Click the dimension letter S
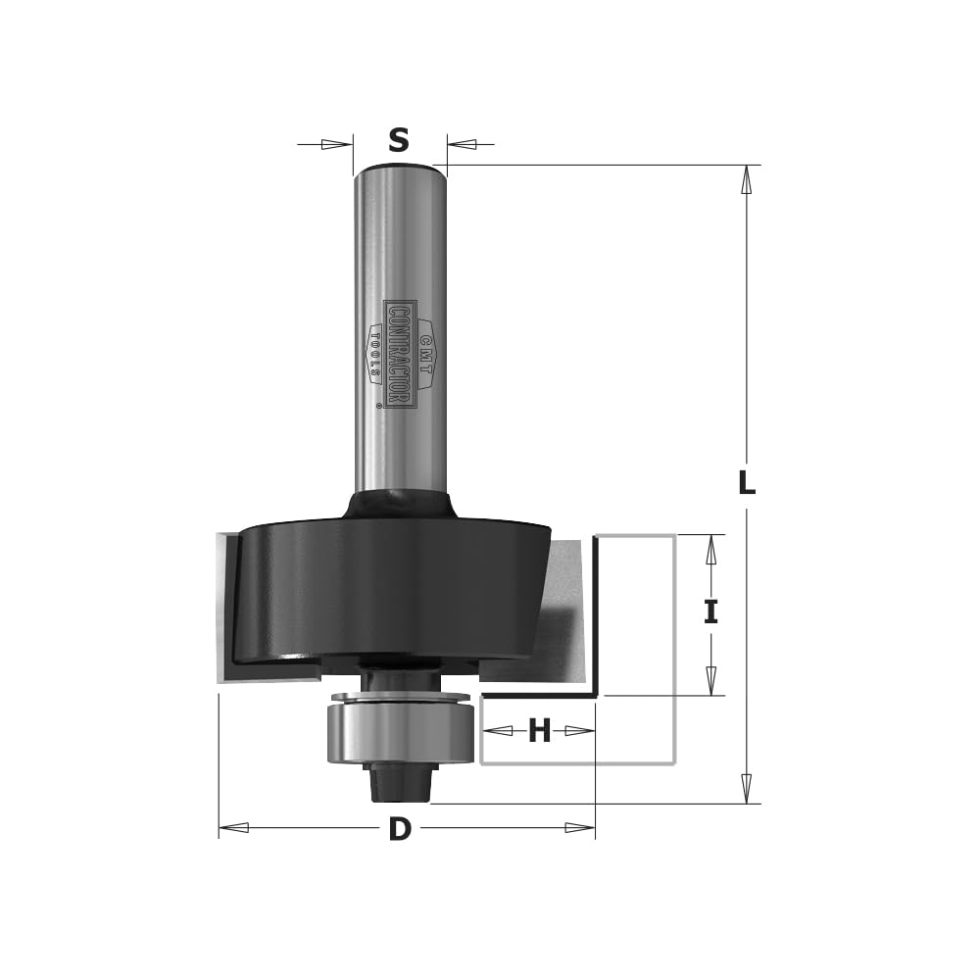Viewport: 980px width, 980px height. [399, 140]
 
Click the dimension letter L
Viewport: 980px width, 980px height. [746, 482]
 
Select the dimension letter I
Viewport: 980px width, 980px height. [710, 612]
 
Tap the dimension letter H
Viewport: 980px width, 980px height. [539, 730]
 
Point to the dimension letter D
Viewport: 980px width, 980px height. [400, 829]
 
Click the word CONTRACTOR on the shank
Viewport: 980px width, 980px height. [399, 355]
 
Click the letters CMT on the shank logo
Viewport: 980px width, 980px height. [425, 355]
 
